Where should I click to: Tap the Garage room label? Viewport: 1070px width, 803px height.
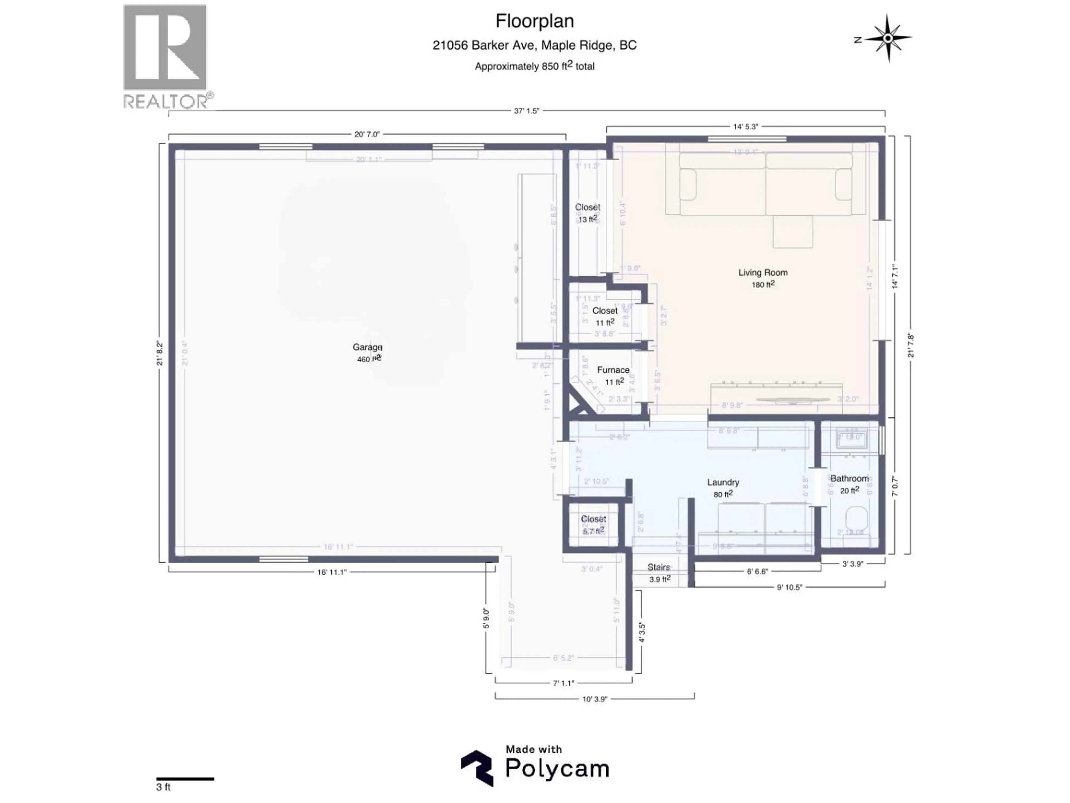pyautogui.click(x=367, y=347)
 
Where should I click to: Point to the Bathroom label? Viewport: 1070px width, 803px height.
pyautogui.click(x=849, y=479)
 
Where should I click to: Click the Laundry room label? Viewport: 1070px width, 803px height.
pyautogui.click(x=723, y=483)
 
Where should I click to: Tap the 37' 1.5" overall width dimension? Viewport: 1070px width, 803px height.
pyautogui.click(x=526, y=111)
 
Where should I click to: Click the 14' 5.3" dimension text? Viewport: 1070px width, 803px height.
pyautogui.click(x=745, y=127)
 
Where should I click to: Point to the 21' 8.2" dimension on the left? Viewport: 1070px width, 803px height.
pyautogui.click(x=160, y=353)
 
